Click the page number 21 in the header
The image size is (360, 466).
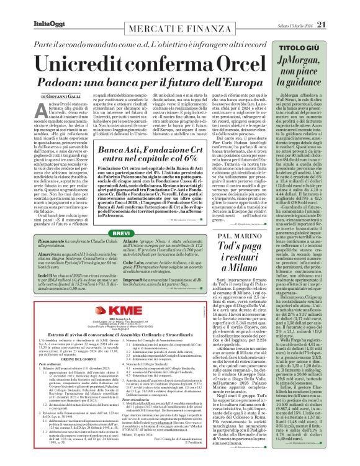click(339, 7)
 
